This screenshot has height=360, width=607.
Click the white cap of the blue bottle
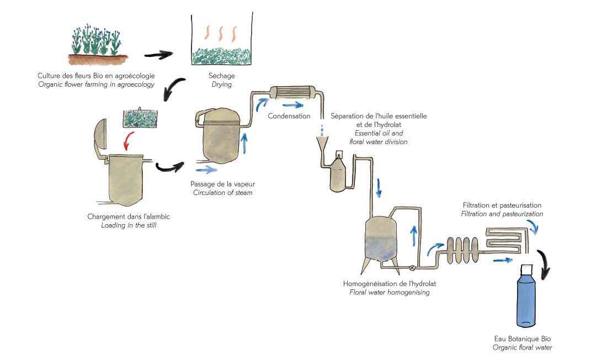525,269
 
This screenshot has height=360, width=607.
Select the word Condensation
289,117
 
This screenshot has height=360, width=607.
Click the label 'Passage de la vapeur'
223,183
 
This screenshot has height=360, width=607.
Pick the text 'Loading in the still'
128,225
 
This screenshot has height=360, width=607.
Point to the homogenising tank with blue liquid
381,240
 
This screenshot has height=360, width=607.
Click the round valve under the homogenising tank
412,268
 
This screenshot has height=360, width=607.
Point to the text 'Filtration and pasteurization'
503,214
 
